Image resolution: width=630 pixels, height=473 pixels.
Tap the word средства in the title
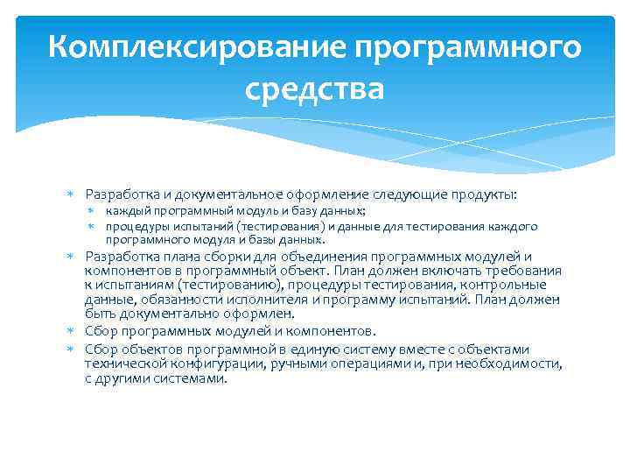click(x=315, y=88)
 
